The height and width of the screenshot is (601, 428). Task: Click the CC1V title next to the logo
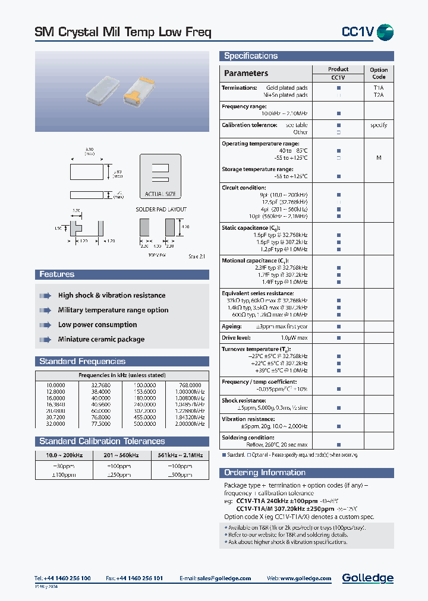coord(357,32)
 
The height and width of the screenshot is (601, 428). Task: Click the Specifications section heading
coord(251,56)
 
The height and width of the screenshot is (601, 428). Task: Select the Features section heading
coord(57,274)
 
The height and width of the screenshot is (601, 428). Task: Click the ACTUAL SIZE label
coord(160,194)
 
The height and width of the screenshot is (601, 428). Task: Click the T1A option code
coord(379,88)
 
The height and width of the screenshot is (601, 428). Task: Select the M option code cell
coord(379,158)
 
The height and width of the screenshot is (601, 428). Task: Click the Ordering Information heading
coord(265,473)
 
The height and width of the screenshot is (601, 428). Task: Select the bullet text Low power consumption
coord(97,325)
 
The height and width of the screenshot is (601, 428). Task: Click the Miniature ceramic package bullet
coord(101,340)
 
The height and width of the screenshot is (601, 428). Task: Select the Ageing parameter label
coord(232,327)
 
